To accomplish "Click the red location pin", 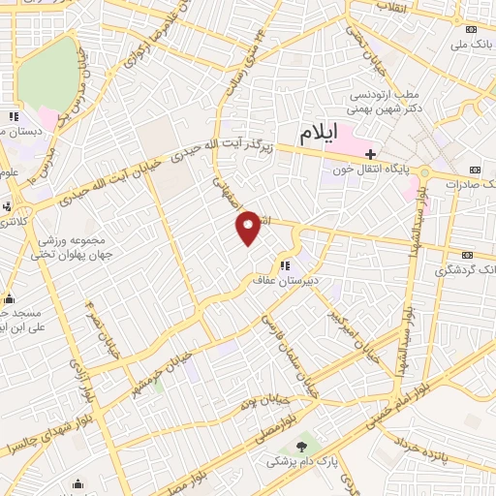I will pyautogui.click(x=249, y=228).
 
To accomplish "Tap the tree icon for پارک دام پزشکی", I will pyautogui.click(x=302, y=446).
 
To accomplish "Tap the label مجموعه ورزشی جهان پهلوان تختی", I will pyautogui.click(x=72, y=248).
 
